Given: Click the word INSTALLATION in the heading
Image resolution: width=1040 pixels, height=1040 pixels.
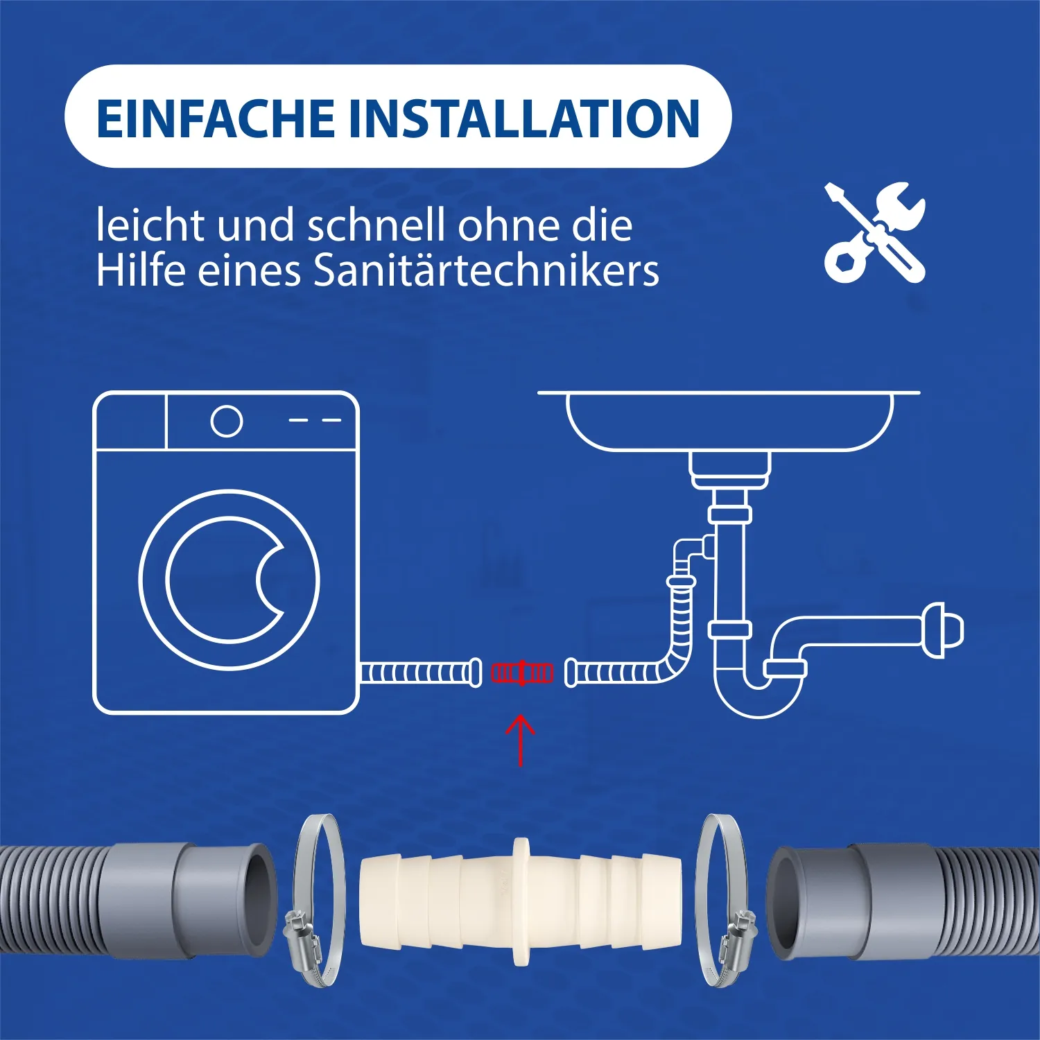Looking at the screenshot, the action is [524, 118].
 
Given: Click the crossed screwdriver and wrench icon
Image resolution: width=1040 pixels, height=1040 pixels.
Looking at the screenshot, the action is [875, 232].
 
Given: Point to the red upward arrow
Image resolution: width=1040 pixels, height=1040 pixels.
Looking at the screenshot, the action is [521, 740].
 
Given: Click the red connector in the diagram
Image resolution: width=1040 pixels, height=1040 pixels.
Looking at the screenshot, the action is [522, 673].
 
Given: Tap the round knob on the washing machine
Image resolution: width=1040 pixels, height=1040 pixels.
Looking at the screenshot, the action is [227, 421].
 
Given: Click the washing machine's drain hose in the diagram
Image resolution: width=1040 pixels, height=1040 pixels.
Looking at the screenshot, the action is [421, 673].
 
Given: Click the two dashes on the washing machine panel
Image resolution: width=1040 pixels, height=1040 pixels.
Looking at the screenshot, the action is [315, 420].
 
